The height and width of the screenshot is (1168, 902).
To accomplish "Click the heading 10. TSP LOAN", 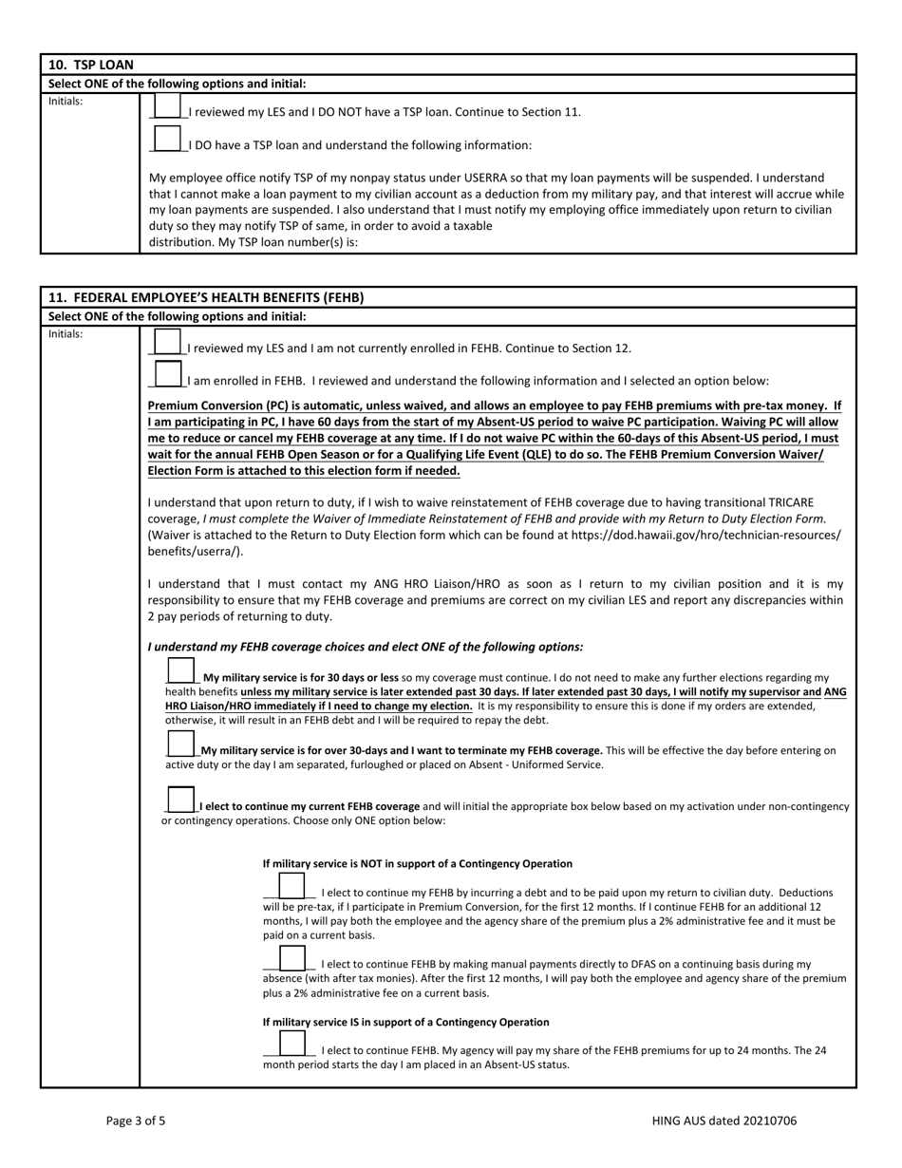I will [x=91, y=66].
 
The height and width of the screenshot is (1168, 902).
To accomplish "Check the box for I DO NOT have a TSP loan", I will [x=166, y=106].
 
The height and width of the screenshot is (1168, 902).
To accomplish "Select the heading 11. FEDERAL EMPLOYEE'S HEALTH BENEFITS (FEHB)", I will [x=206, y=297].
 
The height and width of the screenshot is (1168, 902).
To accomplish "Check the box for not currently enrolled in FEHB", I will [x=167, y=344].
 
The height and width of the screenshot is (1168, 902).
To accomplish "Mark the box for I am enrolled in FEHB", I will [x=167, y=376].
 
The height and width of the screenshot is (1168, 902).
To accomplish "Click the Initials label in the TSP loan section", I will [x=66, y=101].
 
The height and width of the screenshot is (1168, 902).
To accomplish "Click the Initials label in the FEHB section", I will [x=66, y=334].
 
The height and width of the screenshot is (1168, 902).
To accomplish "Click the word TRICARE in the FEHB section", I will [x=789, y=502].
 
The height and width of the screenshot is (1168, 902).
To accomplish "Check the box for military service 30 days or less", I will [x=180, y=671].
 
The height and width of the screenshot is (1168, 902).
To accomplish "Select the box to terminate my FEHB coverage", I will [x=180, y=744].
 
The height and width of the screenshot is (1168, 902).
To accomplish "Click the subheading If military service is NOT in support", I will [x=417, y=864].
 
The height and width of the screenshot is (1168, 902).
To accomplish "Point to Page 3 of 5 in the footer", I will [x=136, y=1121].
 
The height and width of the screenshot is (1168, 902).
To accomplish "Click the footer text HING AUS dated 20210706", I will [x=724, y=1121].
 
